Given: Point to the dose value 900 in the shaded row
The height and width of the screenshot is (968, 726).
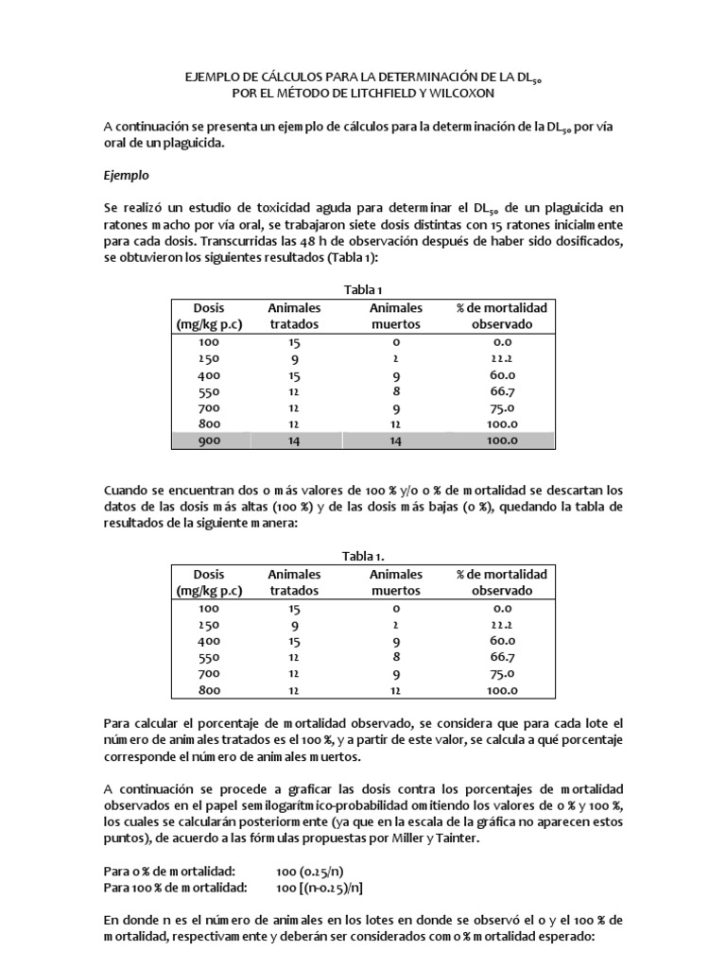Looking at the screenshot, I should [x=207, y=441].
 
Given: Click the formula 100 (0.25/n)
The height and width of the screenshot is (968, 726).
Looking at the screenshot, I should [x=312, y=870].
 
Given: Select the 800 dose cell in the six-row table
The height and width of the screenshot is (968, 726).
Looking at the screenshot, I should [x=207, y=691].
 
